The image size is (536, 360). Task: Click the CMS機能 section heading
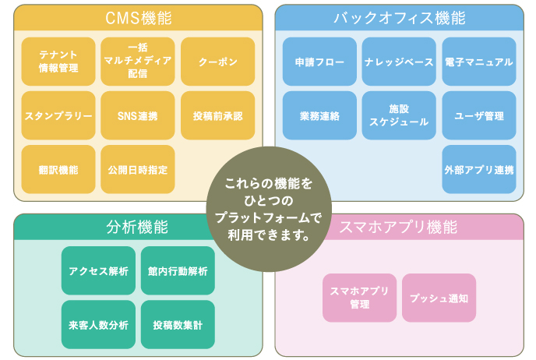click(138, 17)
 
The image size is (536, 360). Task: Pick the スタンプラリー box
click(58, 115)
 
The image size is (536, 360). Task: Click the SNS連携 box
click(138, 115)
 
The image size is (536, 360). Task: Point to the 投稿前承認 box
click(217, 115)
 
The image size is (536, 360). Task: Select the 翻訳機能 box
click(58, 168)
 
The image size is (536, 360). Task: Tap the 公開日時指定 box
click(138, 168)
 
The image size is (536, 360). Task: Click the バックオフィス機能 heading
click(399, 17)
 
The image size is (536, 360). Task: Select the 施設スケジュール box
click(399, 115)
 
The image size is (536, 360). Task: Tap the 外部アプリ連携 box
click(478, 168)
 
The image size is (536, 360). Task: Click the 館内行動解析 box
click(177, 270)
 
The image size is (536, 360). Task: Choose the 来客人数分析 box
click(98, 324)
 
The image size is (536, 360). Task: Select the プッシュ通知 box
click(439, 298)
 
